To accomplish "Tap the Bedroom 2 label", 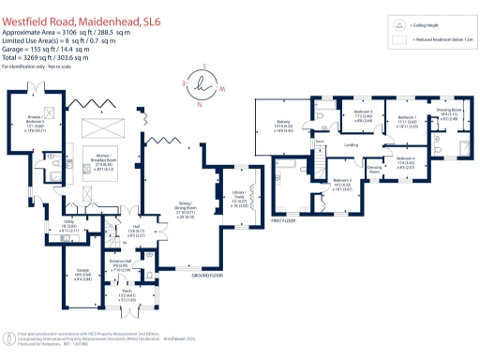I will coord(341,185).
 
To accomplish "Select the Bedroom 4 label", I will coord(403,160).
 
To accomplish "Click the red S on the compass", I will coord(203,66).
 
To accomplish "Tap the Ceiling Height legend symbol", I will coord(399,27).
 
